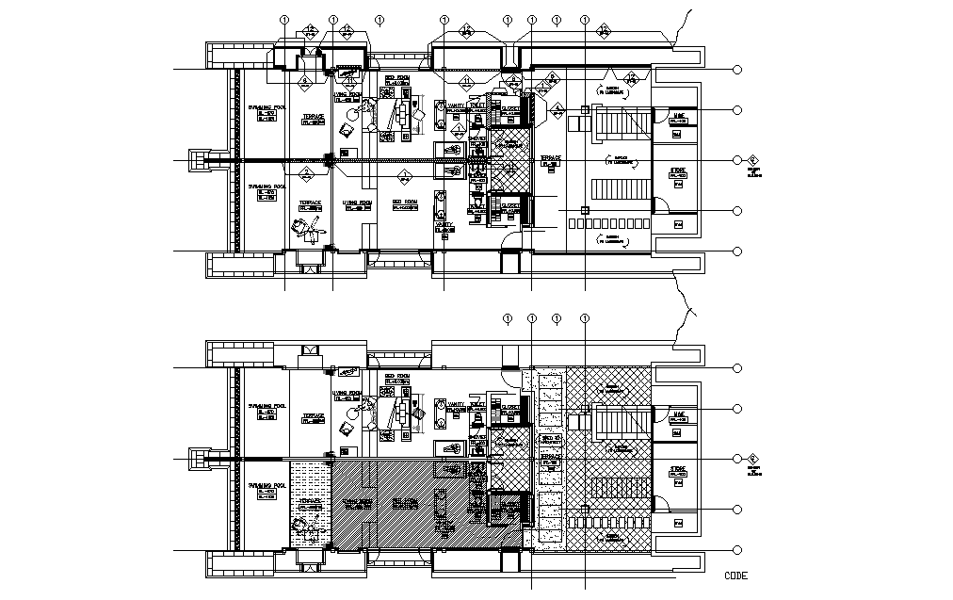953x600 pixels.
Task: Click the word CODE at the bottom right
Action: pos(736,575)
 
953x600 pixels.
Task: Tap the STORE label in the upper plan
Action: pos(678,171)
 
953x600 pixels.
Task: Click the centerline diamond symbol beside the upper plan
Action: pos(752,161)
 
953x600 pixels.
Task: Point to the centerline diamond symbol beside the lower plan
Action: pos(752,459)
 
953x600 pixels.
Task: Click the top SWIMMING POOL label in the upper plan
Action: pos(267,111)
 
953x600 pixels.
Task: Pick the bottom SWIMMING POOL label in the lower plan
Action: pos(267,488)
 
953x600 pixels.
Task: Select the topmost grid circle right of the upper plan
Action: pos(737,70)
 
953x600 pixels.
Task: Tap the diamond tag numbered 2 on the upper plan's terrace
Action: pos(305,175)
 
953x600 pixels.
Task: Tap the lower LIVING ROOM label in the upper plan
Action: pos(357,204)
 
